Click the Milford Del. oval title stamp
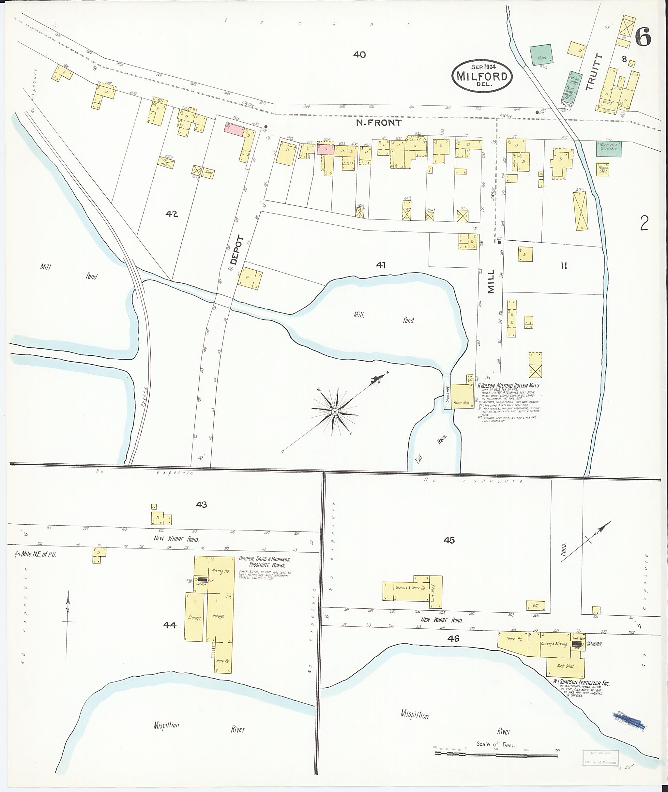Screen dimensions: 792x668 point(482,75)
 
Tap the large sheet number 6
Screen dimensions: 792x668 point(643,37)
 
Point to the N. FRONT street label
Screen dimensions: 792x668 point(379,123)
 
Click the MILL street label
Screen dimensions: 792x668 point(491,282)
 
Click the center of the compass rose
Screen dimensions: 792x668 point(335,411)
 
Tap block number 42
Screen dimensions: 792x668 point(172,214)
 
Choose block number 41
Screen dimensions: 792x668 point(381,265)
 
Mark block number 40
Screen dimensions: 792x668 point(359,54)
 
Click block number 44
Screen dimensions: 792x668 point(170,625)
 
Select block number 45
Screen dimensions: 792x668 point(449,540)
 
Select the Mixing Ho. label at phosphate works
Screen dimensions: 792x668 point(220,571)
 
